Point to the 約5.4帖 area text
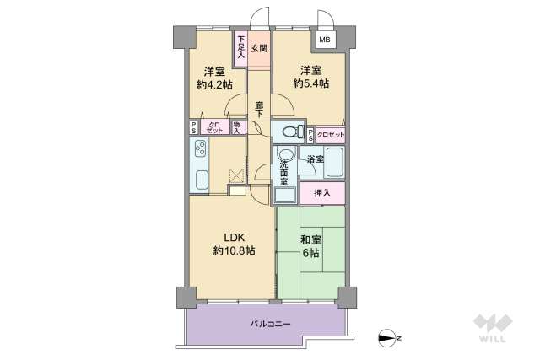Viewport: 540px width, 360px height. click(x=311, y=83)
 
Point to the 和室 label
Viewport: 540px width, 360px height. click(x=310, y=239)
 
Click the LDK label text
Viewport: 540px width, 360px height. click(x=234, y=237)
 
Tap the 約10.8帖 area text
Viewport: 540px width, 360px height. click(x=234, y=250)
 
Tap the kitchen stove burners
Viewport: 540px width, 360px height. click(x=202, y=152)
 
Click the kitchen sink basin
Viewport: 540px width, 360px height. click(x=202, y=180)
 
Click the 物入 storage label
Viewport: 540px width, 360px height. click(x=236, y=128)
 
